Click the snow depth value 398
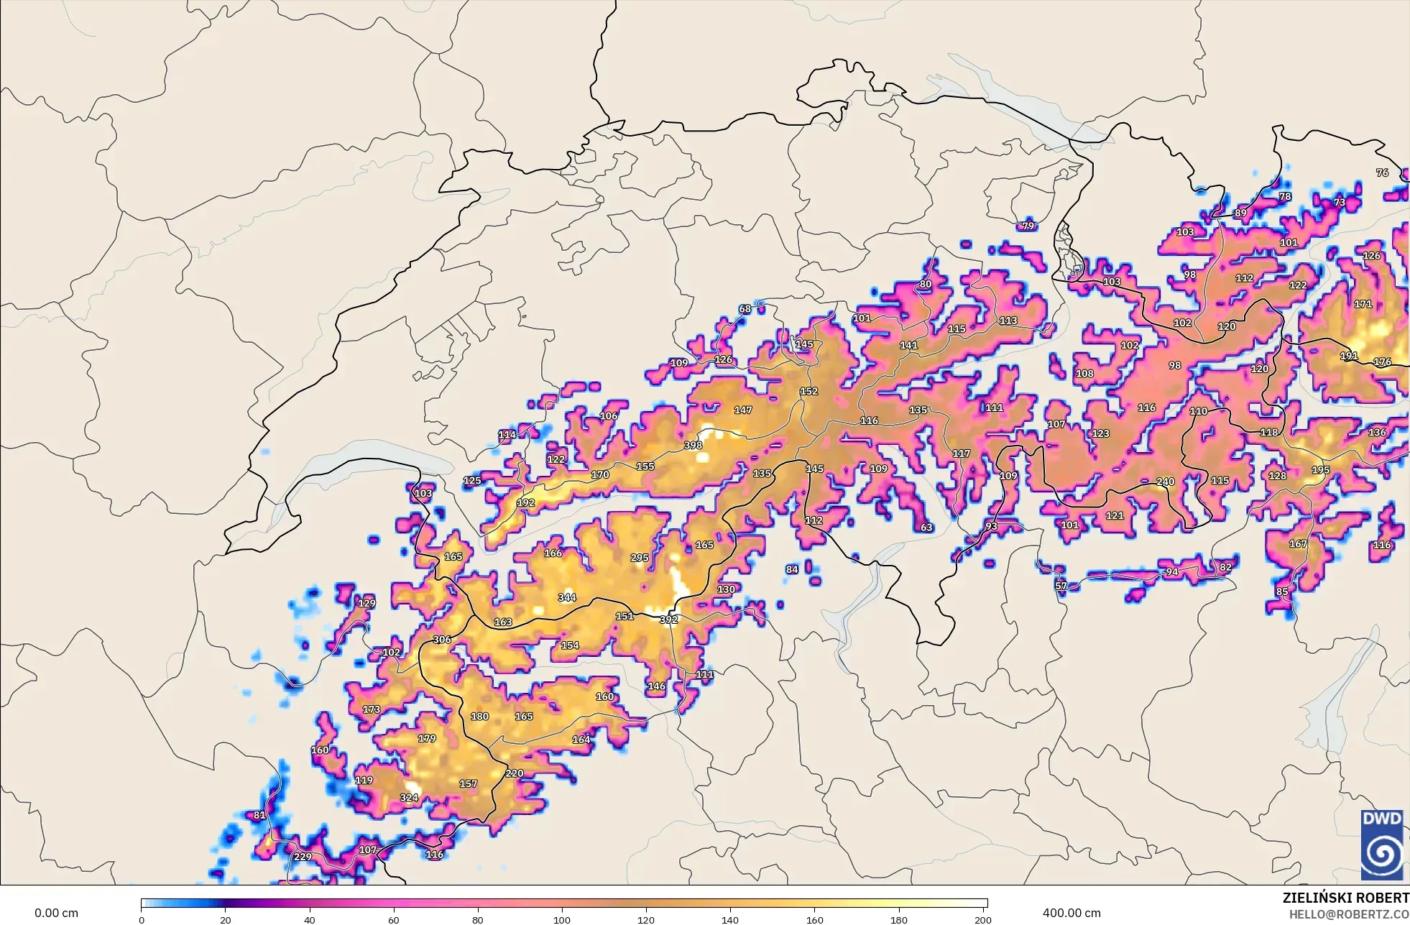pos(693,446)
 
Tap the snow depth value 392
pos(668,620)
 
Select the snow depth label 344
pos(567,597)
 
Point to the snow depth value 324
pos(409,797)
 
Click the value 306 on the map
pos(442,640)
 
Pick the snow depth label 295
pos(640,558)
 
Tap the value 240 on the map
pos(1165,482)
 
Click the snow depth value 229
pos(303,857)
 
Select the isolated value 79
pos(1028,226)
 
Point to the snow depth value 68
pos(745,309)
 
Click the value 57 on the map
pos(1061,586)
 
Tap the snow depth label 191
pos(1349,356)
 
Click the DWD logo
pos(1381,844)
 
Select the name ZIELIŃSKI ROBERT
pos(1345,898)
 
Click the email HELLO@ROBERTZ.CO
pos(1348,914)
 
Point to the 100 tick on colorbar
pos(562,919)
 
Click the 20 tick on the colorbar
pos(226,919)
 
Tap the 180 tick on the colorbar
pos(898,919)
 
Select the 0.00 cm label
pos(56,913)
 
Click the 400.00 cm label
pos(1072,913)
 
